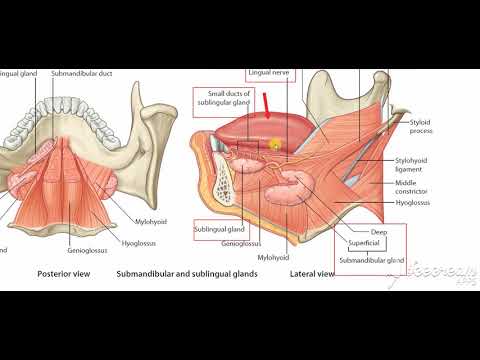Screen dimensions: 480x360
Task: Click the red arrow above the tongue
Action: click(268, 102)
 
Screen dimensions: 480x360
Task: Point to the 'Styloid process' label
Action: click(424, 127)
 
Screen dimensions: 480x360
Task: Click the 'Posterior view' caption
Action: click(64, 273)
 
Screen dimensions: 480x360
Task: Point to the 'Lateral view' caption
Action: click(311, 273)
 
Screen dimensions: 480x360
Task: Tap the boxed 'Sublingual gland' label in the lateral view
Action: click(218, 229)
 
